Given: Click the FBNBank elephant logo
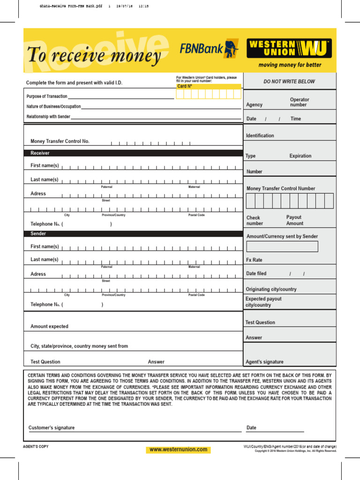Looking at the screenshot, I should click(x=231, y=49).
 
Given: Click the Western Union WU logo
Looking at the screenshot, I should click(x=289, y=48).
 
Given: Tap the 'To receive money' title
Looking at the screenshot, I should click(x=94, y=55).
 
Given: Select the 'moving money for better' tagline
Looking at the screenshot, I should click(x=290, y=65).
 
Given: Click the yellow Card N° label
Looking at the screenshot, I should click(x=185, y=86).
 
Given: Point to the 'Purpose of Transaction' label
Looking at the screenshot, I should click(x=47, y=97).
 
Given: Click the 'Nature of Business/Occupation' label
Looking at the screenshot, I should click(x=53, y=107).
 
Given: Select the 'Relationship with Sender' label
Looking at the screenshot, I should click(x=48, y=117).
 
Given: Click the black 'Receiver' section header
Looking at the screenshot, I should click(x=40, y=153).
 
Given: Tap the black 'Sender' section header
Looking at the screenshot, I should click(x=38, y=233).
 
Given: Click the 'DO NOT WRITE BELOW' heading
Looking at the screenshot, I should click(x=289, y=82).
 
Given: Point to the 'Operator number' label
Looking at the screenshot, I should click(x=300, y=102).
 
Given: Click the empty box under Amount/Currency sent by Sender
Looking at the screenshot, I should click(x=282, y=247).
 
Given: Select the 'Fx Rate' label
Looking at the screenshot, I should click(x=254, y=260).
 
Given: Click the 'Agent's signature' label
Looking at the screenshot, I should click(x=264, y=362).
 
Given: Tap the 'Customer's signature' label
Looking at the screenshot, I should click(x=52, y=427).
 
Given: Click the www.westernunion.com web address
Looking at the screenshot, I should click(x=178, y=450).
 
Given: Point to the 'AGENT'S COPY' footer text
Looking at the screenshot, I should click(x=36, y=446).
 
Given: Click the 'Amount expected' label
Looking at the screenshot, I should click(x=49, y=326).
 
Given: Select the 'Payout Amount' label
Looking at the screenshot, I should click(x=294, y=220).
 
